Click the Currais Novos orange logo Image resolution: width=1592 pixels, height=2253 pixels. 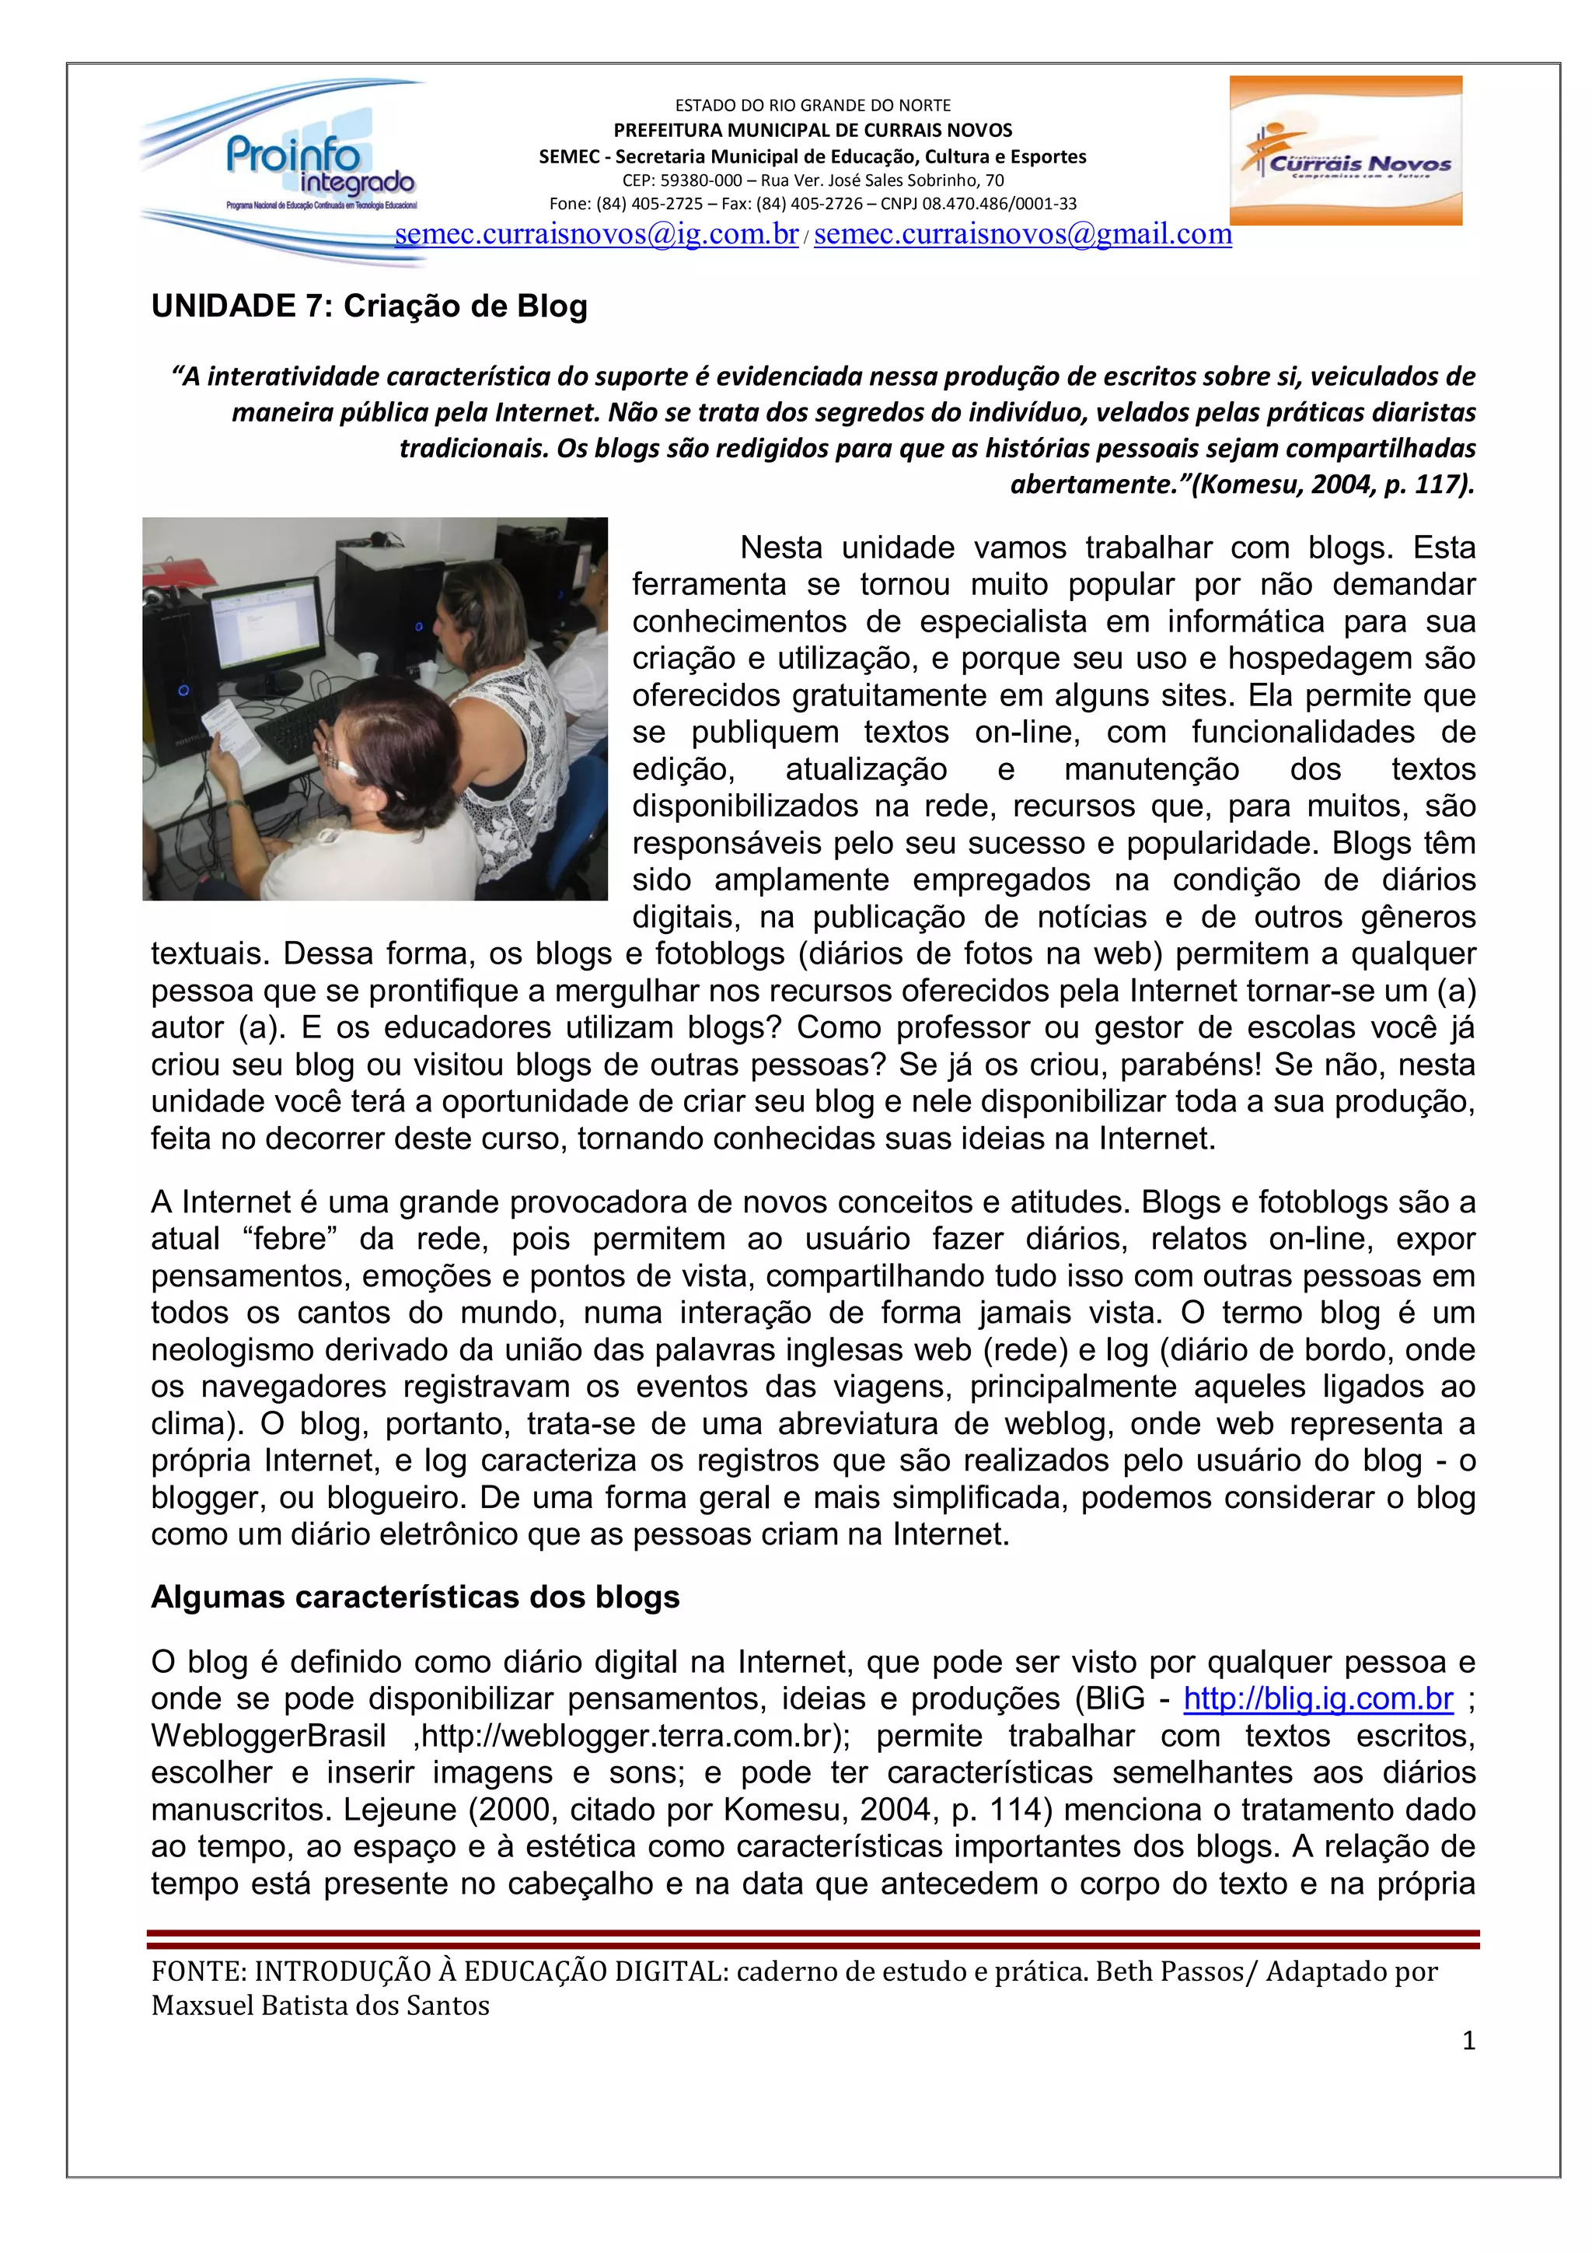point(1345,150)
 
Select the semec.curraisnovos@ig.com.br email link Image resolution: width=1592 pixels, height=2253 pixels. point(596,235)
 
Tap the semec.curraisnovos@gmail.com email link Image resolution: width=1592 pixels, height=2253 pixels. point(1022,235)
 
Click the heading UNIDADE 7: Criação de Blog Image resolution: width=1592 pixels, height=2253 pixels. point(368,306)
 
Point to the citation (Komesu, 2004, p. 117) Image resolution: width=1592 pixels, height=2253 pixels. point(1333,484)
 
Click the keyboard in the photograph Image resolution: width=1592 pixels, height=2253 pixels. point(299,725)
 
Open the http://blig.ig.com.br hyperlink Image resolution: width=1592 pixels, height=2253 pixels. point(1318,1698)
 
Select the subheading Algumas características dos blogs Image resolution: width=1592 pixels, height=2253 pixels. point(415,1597)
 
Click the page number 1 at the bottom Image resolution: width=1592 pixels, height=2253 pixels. point(1468,2041)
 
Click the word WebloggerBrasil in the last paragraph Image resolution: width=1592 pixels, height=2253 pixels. point(267,1736)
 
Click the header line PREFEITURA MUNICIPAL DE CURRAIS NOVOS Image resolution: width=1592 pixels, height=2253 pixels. point(812,131)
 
